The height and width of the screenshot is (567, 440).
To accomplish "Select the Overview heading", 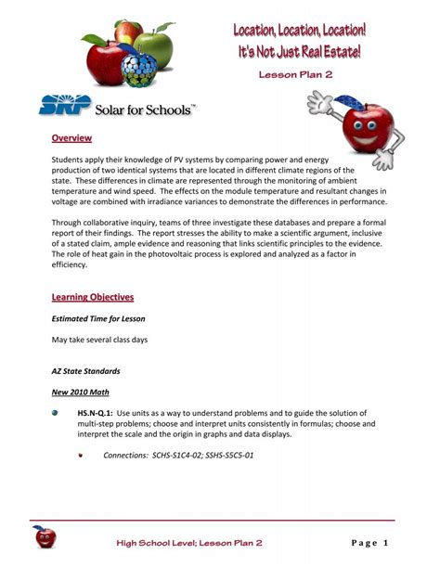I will [71, 138].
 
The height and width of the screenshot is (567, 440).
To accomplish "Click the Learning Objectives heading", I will [93, 297].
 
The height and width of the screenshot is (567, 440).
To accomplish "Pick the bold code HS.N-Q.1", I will [95, 411].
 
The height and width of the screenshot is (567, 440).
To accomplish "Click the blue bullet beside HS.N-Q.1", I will [56, 411].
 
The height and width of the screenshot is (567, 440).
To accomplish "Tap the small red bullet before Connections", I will [82, 456].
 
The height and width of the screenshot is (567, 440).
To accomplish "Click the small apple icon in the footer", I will [43, 536].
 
